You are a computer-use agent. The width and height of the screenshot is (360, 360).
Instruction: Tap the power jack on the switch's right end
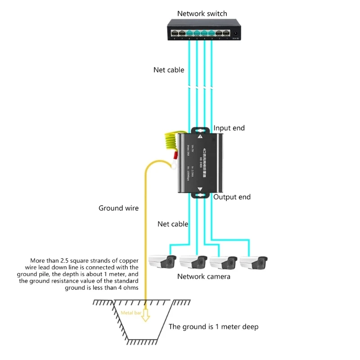235,33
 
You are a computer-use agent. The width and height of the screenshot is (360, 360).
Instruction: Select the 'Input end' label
229,128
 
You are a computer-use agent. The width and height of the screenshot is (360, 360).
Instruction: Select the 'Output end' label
232,197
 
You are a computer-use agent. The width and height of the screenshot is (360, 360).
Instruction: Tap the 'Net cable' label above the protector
169,70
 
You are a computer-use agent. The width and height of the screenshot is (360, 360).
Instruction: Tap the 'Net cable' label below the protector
173,224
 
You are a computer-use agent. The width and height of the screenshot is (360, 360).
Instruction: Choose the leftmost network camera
162,262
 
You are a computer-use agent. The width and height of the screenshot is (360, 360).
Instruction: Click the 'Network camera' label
204,276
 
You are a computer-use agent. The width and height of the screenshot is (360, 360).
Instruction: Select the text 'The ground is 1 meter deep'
213,327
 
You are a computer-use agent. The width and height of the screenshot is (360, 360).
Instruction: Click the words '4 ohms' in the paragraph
128,288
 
